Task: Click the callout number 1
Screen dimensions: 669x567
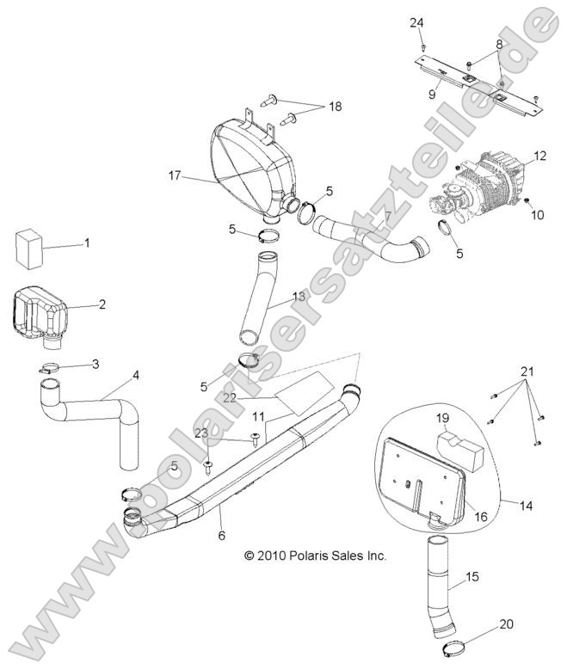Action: (x=87, y=244)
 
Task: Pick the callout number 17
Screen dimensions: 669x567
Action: (x=174, y=175)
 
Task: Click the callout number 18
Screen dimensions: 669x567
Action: (x=334, y=107)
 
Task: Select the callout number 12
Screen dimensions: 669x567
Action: (x=539, y=156)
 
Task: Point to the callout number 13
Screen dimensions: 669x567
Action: (x=299, y=297)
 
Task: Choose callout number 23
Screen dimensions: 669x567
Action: (x=200, y=433)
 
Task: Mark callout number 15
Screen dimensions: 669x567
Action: (x=471, y=577)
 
